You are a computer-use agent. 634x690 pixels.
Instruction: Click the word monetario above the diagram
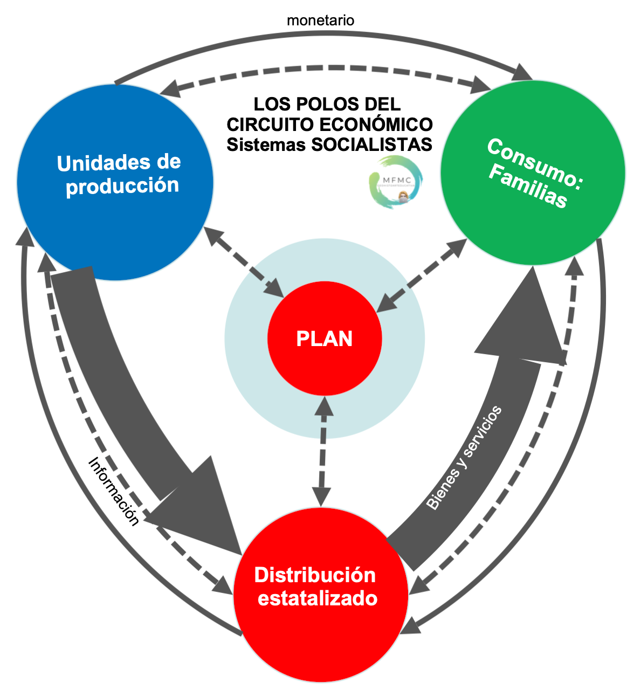point(320,20)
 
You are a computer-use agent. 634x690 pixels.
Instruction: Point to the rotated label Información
point(114,491)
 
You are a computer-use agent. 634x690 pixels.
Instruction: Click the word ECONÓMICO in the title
point(376,124)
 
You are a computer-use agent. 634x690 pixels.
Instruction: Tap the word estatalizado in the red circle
point(318,598)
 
